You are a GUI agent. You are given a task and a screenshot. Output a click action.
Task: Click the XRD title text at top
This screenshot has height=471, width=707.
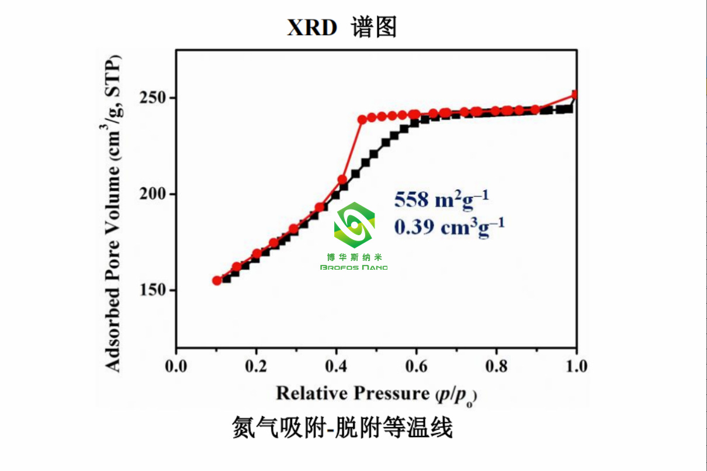(342, 27)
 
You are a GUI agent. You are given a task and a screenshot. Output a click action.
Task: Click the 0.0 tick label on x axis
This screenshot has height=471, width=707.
(176, 367)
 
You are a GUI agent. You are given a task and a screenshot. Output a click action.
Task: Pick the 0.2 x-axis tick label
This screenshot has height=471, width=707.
(256, 367)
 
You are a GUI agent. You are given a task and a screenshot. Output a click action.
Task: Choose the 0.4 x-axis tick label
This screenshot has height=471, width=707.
(336, 367)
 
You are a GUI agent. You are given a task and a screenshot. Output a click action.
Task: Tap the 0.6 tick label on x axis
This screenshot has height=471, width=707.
(416, 367)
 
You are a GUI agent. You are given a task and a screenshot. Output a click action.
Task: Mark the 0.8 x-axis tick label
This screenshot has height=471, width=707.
(496, 367)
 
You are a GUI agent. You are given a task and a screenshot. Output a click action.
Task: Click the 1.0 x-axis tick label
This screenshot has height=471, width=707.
(576, 367)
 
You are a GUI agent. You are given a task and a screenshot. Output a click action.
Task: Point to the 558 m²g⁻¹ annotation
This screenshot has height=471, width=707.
(441, 200)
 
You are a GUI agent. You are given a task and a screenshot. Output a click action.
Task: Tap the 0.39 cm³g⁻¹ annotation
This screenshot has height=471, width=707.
(449, 226)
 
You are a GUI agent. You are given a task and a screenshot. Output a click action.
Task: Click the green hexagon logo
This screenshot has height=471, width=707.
(354, 225)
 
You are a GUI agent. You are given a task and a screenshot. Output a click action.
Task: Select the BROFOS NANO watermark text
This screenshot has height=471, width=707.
(354, 267)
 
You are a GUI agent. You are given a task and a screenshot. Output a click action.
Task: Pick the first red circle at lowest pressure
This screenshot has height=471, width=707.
(217, 280)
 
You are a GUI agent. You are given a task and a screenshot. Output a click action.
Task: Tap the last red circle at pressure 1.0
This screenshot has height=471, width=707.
(576, 94)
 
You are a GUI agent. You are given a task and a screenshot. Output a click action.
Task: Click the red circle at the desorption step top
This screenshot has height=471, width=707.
(362, 119)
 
